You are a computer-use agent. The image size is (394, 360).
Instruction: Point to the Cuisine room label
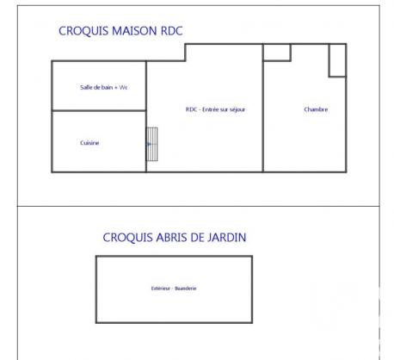coord(89,143)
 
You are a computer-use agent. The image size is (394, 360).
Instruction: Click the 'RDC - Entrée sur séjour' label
coord(216,109)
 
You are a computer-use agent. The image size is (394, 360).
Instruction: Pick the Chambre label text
coord(316,109)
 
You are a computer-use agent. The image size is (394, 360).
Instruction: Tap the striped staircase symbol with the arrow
coord(152,144)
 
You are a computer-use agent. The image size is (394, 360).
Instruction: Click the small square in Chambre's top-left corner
coord(276,53)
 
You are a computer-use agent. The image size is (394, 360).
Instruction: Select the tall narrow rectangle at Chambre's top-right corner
coord(337,60)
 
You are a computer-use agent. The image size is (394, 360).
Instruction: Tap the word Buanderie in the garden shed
coord(185,288)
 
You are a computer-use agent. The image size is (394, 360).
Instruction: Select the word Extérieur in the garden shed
coord(161,288)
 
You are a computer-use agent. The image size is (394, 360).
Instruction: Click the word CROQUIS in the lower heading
coord(126,238)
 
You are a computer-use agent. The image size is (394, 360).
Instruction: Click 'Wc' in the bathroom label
coord(124,87)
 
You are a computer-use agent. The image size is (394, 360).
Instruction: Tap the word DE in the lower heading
coord(198,238)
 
